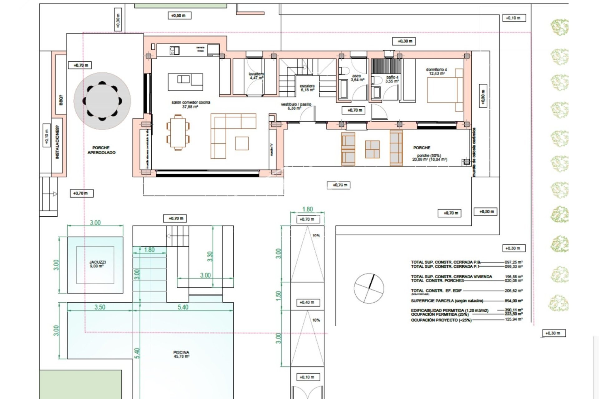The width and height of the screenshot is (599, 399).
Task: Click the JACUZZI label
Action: point(98,264)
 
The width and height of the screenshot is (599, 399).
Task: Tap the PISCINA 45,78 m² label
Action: point(182,354)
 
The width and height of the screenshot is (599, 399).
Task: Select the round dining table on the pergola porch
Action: point(102,101)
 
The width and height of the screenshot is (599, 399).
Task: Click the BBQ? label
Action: point(61,100)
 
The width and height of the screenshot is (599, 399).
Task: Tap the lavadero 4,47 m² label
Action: point(256,76)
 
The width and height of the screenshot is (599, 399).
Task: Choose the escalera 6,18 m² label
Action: point(307,88)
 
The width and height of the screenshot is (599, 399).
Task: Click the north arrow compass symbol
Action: point(369,288)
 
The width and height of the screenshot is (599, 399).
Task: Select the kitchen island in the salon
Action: point(185,82)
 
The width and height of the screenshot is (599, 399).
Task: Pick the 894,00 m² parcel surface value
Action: point(514,301)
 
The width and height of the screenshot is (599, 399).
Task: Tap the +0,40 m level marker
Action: point(307,302)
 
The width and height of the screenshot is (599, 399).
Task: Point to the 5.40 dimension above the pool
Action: point(183,307)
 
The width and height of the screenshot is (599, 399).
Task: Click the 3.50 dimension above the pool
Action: point(100,307)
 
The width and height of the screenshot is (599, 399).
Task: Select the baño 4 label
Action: point(392,79)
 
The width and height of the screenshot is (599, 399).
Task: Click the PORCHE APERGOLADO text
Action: point(101,150)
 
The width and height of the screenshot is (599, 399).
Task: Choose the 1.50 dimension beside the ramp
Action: point(279,296)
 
